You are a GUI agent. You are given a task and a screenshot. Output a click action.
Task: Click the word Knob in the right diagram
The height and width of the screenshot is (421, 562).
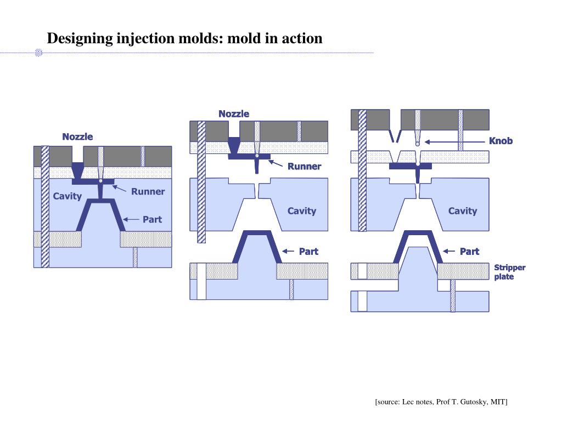pos(501,141)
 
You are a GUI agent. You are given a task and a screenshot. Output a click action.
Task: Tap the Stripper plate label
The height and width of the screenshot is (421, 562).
pos(509,272)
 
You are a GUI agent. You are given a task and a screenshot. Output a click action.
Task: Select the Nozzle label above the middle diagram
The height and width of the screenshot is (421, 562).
pos(234,114)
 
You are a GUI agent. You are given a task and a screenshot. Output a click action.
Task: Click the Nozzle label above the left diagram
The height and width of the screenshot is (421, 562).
pos(77,136)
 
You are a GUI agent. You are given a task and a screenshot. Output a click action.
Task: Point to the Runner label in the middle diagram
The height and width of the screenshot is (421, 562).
pos(304,167)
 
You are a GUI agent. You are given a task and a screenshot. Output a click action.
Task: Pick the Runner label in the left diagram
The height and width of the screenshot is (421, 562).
pos(148,191)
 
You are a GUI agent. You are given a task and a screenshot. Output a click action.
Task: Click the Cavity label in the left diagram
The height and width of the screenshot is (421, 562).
pos(67,196)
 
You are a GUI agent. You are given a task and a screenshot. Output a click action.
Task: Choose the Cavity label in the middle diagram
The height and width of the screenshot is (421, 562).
pos(302,211)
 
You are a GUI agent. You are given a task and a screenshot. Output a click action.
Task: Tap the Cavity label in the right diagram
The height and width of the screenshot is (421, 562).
pos(463,211)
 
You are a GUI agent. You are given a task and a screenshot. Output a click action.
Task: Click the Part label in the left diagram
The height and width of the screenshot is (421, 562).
pos(152,219)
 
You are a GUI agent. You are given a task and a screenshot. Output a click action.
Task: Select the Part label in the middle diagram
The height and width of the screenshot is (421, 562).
pos(308,252)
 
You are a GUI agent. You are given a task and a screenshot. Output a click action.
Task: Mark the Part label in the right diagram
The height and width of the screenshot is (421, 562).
pos(469,252)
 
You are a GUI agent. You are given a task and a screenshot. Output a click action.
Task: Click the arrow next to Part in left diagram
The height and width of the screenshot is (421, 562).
pos(132,219)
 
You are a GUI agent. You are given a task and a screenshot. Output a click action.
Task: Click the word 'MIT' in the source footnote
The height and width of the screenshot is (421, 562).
pos(498,402)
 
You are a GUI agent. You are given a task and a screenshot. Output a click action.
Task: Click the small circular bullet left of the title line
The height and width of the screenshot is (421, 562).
pos(39,53)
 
